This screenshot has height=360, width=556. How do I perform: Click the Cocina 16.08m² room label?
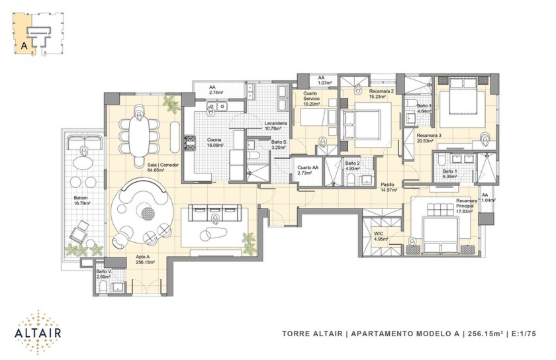point(215,142)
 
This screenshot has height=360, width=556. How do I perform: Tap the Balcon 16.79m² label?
point(81,201)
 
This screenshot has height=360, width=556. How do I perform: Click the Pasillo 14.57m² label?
point(389,187)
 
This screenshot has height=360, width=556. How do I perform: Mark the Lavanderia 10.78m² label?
point(275,126)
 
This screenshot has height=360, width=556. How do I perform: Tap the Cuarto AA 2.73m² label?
point(305,170)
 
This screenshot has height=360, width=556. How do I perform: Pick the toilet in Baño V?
point(103,287)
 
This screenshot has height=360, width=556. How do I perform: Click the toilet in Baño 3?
point(410,104)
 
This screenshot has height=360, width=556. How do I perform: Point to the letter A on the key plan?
point(24,46)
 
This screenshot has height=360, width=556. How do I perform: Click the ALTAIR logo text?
point(38,333)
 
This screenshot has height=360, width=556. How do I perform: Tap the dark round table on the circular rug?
point(148,213)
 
